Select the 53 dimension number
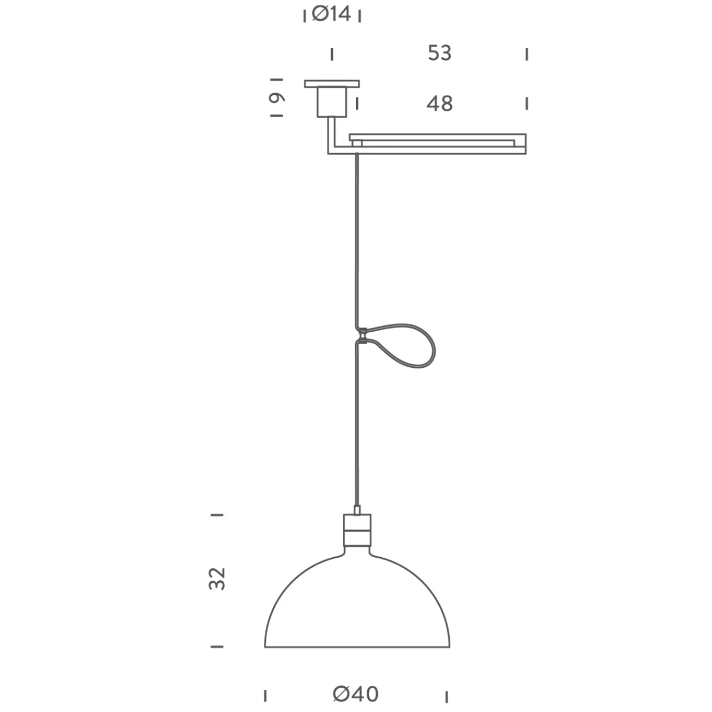pyautogui.click(x=440, y=53)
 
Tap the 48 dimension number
pyautogui.click(x=440, y=104)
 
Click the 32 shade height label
pyautogui.click(x=218, y=578)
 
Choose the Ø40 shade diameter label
pyautogui.click(x=355, y=694)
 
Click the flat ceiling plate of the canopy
pyautogui.click(x=332, y=84)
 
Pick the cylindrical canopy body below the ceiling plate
pyautogui.click(x=332, y=101)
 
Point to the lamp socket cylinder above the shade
pyautogui.click(x=357, y=530)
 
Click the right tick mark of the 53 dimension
pyautogui.click(x=526, y=55)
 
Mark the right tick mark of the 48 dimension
pyautogui.click(x=526, y=103)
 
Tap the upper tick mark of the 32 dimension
pyautogui.click(x=218, y=514)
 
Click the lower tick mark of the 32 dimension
pyautogui.click(x=218, y=646)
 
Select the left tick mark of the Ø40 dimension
pyautogui.click(x=265, y=695)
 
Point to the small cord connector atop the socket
pyautogui.click(x=357, y=510)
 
